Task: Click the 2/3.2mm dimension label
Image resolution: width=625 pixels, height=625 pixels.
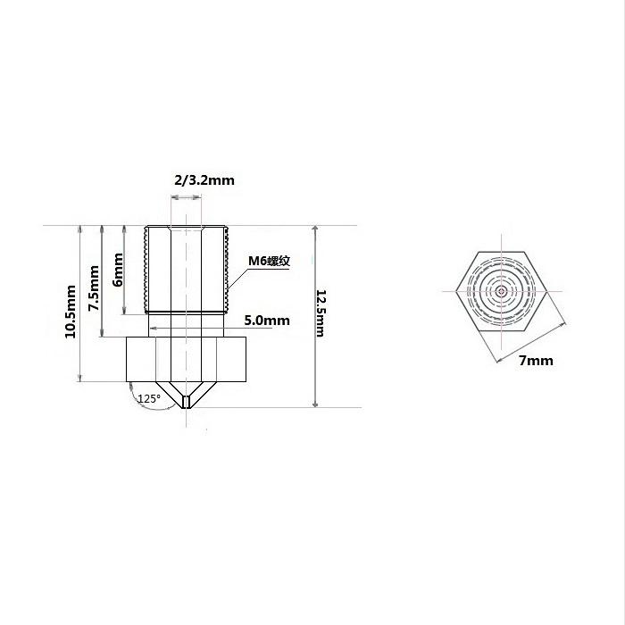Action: (x=204, y=180)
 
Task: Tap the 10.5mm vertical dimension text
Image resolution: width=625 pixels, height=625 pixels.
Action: (x=71, y=312)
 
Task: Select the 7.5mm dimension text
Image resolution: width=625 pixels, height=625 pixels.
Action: (x=94, y=288)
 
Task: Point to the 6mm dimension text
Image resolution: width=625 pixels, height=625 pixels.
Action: (x=118, y=270)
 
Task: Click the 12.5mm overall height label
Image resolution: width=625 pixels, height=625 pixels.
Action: (x=321, y=313)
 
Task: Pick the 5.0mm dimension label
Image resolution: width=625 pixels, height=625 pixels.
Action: (x=267, y=321)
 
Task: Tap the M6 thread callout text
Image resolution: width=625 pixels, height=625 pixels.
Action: (x=269, y=261)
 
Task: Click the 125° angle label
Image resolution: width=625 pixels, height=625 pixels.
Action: (x=149, y=398)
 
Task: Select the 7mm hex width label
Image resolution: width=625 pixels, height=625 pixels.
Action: (x=536, y=361)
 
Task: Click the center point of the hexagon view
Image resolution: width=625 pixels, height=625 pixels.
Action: (x=501, y=291)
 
